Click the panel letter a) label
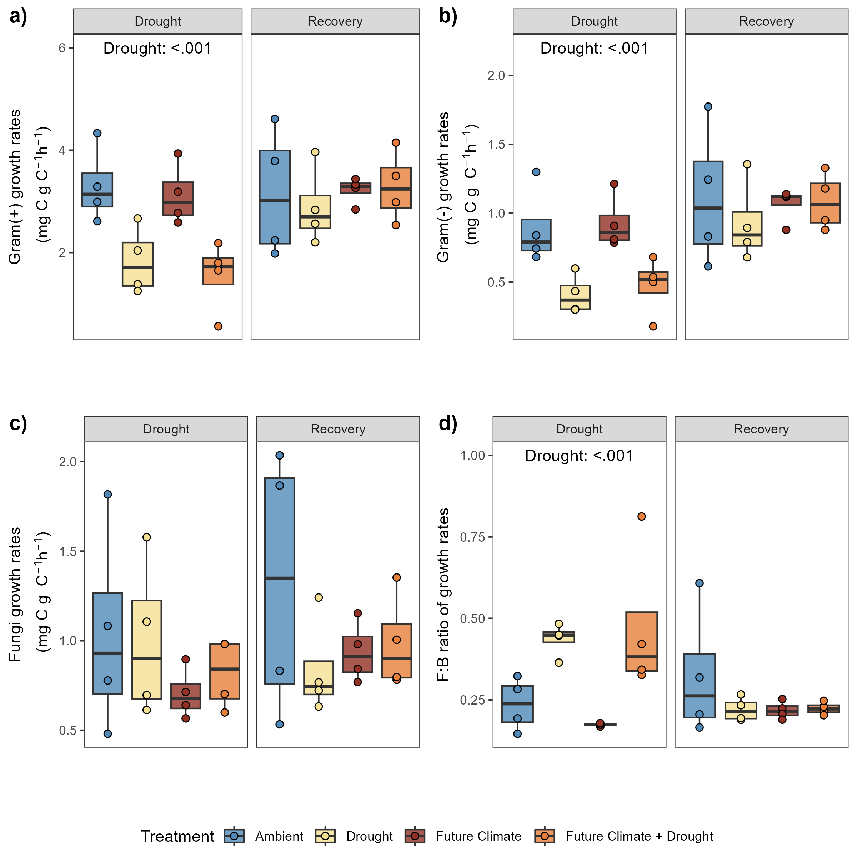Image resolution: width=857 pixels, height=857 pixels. [x=18, y=16]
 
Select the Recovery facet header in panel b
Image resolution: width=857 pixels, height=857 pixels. [x=766, y=21]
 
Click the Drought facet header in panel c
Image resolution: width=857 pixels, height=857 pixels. [x=166, y=429]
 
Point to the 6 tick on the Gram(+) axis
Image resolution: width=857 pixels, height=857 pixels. [x=62, y=48]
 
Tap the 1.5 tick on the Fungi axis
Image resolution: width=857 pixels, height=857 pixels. [x=68, y=551]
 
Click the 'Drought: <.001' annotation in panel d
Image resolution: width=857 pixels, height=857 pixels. [x=579, y=456]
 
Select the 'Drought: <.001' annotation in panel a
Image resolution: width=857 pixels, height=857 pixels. [x=157, y=48]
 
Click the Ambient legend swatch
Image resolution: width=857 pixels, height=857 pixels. [x=234, y=836]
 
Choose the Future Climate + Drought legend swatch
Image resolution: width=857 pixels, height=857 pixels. [x=545, y=836]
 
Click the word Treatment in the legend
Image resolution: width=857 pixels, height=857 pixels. [x=177, y=836]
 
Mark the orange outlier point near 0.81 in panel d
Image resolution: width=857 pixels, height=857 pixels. [x=641, y=516]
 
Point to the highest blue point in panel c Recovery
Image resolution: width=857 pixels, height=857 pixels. [x=280, y=456]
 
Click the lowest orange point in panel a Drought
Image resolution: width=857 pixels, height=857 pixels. [x=218, y=326]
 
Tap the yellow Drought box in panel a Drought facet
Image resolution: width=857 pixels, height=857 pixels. [x=137, y=264]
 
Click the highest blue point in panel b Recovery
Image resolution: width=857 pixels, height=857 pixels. [x=708, y=107]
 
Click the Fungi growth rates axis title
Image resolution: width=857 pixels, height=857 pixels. [x=15, y=595]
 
